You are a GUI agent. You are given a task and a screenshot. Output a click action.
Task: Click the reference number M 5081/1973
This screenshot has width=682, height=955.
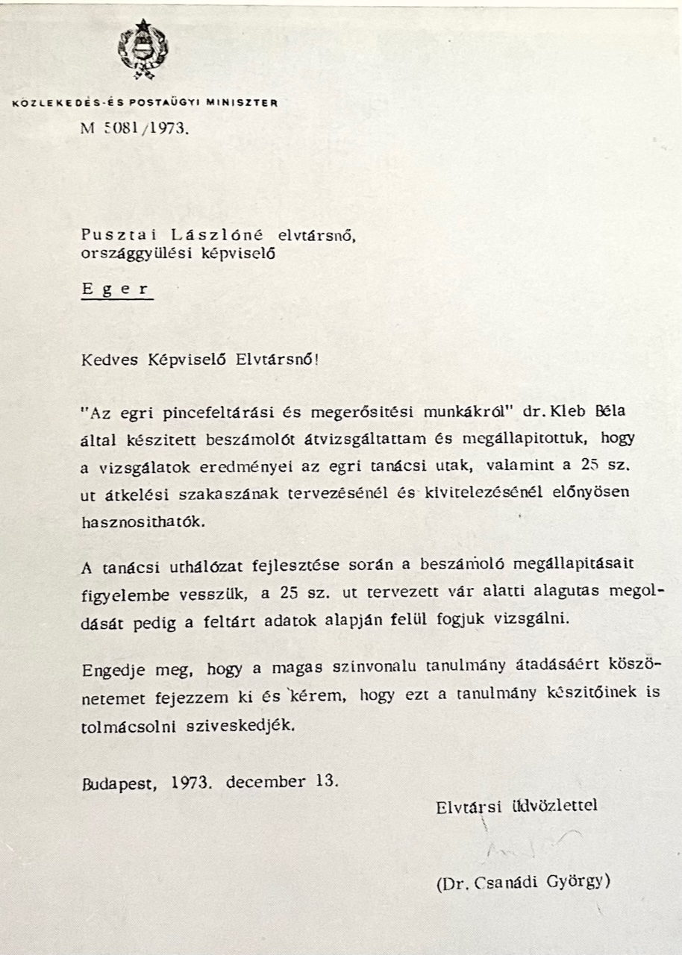tap(134, 128)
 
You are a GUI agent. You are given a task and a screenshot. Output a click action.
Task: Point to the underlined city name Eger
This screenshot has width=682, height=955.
tap(116, 289)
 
